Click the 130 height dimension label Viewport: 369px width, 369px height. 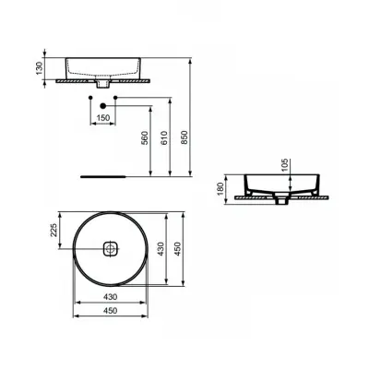click(x=39, y=68)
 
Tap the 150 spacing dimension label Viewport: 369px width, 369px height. click(x=103, y=117)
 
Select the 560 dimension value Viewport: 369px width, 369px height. click(x=145, y=137)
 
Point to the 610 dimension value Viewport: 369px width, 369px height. click(x=164, y=137)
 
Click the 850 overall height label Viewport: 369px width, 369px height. click(x=184, y=137)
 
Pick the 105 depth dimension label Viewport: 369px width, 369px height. click(x=285, y=165)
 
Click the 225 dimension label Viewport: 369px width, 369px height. click(x=54, y=230)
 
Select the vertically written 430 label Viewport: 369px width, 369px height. click(x=161, y=249)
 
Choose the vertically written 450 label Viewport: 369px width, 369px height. click(x=178, y=249)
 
